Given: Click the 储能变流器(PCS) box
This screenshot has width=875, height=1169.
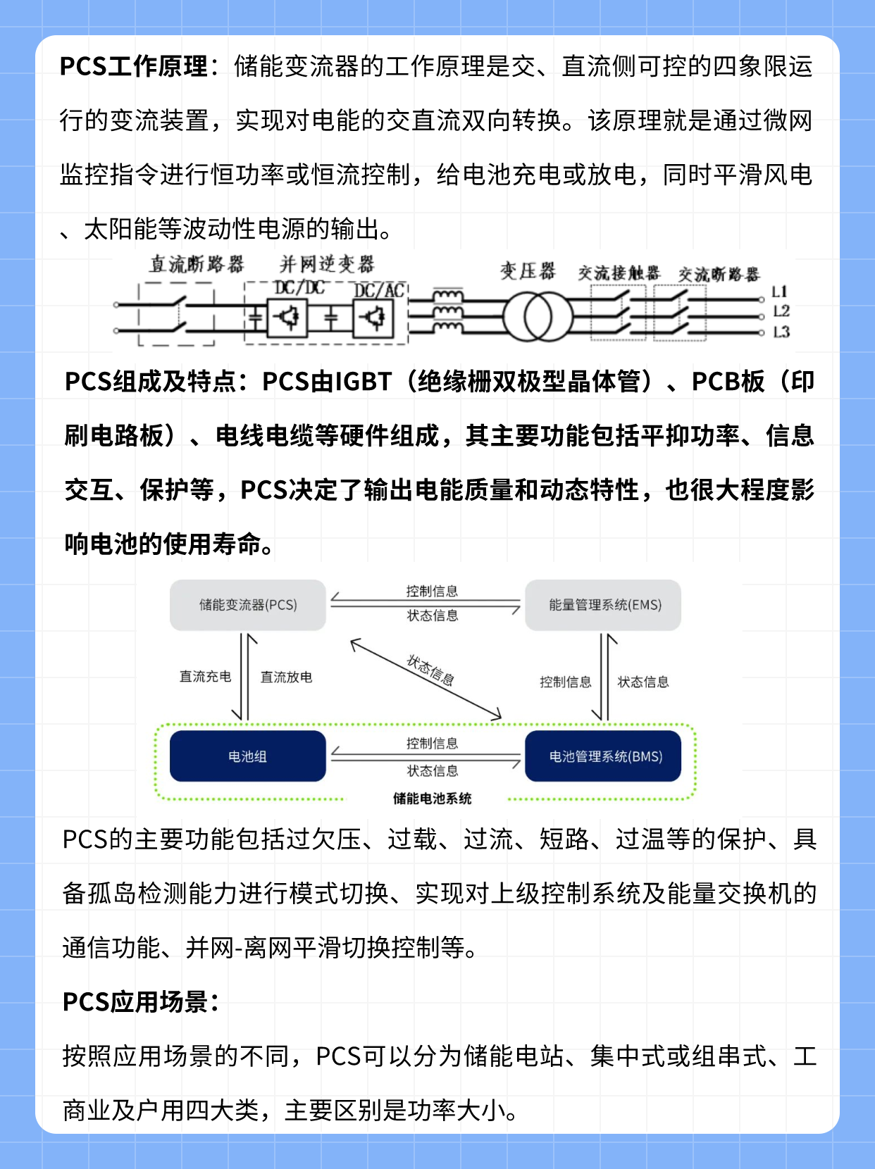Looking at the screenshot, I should (x=248, y=605).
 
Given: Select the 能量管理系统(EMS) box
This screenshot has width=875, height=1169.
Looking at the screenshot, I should (x=604, y=605).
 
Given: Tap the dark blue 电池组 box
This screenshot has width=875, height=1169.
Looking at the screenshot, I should (x=248, y=756).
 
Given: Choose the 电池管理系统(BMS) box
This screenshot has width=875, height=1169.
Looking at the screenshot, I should (x=604, y=756).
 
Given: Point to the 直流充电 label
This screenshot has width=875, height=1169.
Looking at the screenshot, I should (x=205, y=677).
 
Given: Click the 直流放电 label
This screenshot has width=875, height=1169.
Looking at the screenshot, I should (x=286, y=677).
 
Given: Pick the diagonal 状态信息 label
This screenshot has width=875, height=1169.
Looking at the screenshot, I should (x=430, y=670).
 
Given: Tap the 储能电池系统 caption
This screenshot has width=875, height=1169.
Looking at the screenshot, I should (x=432, y=799).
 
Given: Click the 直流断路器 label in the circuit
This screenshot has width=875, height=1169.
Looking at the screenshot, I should (x=197, y=265).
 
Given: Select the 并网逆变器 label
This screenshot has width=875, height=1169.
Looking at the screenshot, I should (x=327, y=265).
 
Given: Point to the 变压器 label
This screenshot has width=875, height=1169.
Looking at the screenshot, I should (x=528, y=271).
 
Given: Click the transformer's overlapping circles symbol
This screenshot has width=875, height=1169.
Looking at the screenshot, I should (x=538, y=318).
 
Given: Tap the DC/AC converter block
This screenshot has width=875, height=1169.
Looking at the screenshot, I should (x=373, y=319).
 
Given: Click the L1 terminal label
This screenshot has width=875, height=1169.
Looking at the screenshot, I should (x=779, y=292).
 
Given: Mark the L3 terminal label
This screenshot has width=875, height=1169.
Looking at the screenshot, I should (x=781, y=332).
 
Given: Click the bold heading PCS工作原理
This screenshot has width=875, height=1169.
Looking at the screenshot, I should (x=134, y=67).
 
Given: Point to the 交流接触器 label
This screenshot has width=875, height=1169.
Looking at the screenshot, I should (x=619, y=273).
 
